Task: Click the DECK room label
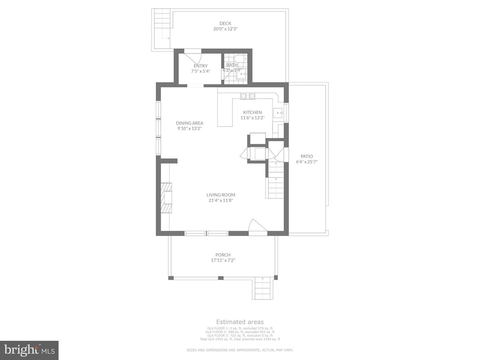point(225,24)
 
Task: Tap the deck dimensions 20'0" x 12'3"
point(225,29)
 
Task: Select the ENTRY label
point(200,66)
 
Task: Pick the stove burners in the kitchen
point(247,97)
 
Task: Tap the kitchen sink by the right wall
point(279,114)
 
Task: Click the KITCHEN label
point(252,112)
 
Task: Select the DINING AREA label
point(189,123)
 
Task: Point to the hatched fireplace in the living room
point(165,200)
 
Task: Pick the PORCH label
point(223,254)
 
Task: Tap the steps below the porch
point(262,288)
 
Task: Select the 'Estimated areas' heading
point(240,322)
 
